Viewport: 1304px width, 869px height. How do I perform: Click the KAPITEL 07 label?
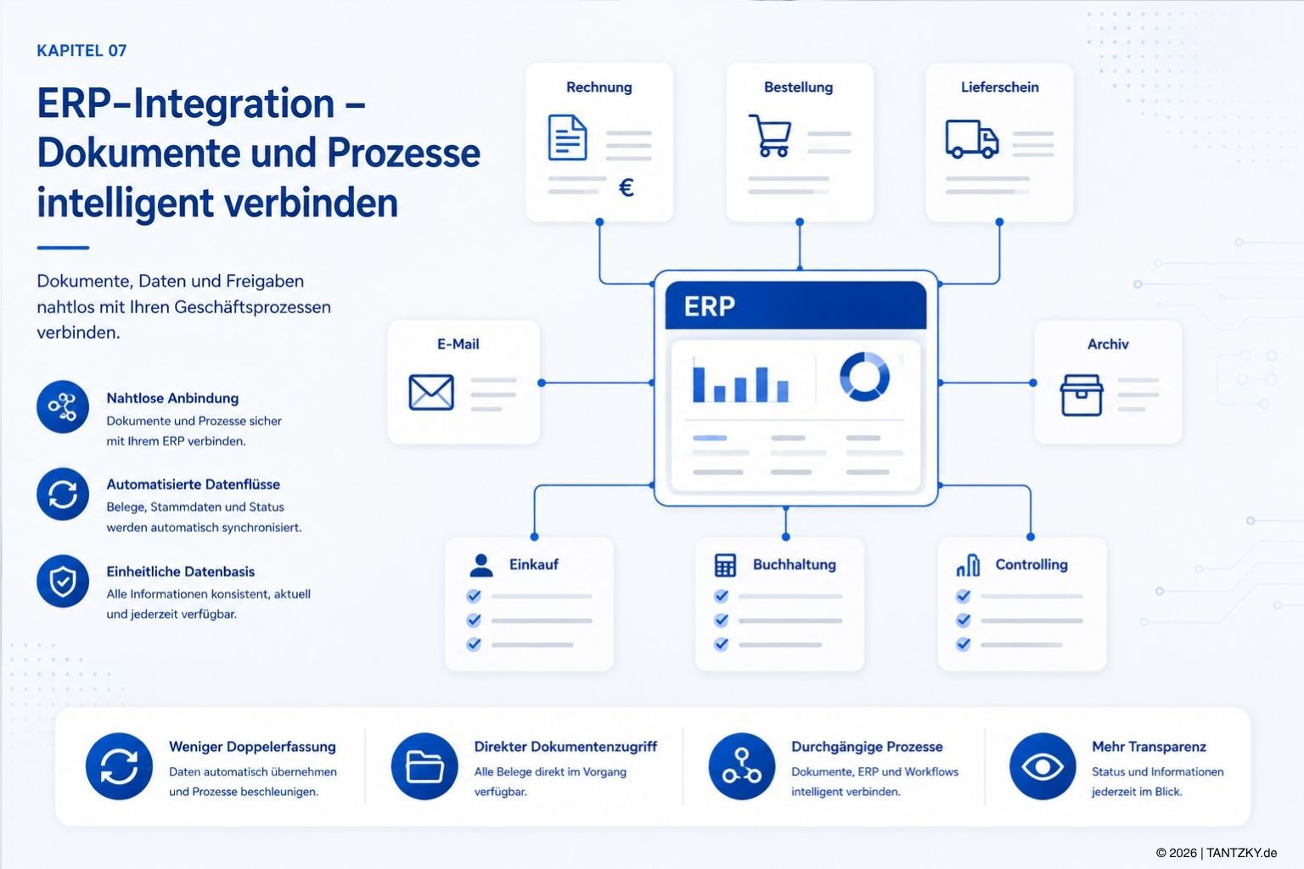81,51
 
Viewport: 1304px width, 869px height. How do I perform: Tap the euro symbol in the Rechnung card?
627,188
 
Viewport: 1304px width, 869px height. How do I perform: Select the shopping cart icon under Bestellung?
770,136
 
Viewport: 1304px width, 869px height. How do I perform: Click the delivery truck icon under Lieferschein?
971,139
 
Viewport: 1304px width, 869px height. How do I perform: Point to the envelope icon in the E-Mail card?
431,392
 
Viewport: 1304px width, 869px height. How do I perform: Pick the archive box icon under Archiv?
1082,395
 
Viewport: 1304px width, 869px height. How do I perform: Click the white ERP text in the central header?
709,306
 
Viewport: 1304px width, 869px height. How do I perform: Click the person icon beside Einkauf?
481,565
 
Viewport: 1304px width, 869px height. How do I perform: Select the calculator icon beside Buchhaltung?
725,565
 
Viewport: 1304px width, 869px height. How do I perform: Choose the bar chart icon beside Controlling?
968,565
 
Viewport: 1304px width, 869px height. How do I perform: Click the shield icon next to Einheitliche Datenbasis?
63,580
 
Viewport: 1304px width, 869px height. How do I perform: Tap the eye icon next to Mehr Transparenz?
1042,766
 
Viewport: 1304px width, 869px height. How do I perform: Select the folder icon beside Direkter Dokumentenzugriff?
424,766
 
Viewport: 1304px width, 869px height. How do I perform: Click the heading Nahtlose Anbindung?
172,398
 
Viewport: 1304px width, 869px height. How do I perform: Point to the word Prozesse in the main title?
403,153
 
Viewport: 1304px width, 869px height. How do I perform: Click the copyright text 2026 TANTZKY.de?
1216,853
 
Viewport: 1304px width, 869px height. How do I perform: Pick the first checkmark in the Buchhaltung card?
722,596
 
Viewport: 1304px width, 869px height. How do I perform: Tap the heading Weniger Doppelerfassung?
252,746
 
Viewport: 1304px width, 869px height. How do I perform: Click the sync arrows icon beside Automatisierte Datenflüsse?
63,494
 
